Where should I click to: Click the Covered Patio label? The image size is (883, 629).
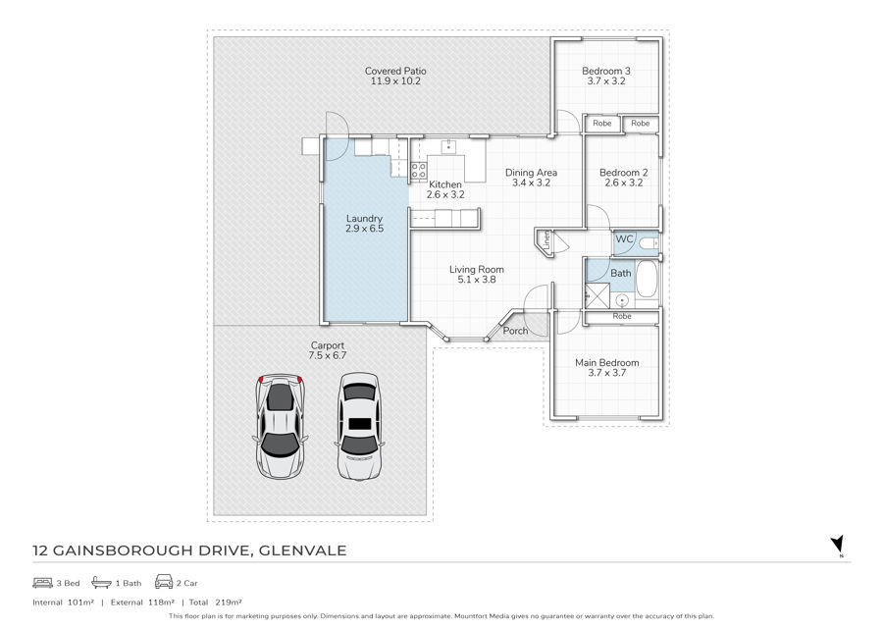[x=395, y=71]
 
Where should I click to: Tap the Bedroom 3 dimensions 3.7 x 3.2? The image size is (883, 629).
[x=606, y=81]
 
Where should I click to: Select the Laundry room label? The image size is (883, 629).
[x=364, y=219]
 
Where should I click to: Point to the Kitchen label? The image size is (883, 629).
[x=445, y=184]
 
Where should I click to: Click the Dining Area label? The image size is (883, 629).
[x=531, y=173]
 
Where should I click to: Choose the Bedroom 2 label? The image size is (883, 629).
[x=623, y=173]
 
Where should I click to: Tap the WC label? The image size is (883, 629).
[x=624, y=239]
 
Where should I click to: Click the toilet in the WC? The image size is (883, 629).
[x=649, y=243]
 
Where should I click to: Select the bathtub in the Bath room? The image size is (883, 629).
[x=646, y=278]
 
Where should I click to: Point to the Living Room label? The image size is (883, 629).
[x=477, y=270]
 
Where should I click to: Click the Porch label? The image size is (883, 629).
[x=515, y=331]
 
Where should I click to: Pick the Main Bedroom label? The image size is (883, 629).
[x=606, y=363]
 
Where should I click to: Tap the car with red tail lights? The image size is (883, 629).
[x=281, y=426]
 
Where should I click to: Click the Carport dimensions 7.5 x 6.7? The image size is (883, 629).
[x=327, y=356]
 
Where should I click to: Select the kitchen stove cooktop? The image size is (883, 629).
[x=418, y=171]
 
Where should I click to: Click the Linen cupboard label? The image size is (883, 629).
[x=546, y=239]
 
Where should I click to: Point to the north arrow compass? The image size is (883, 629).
[x=838, y=545]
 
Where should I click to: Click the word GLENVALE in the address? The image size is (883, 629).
[x=302, y=550]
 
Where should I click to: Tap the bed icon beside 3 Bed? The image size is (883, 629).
[x=43, y=582]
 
